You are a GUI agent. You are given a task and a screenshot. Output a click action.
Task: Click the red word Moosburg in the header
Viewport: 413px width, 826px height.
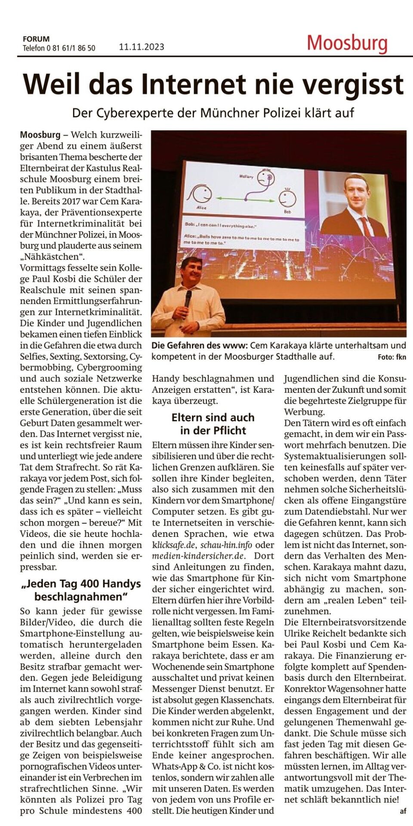coord(347,43)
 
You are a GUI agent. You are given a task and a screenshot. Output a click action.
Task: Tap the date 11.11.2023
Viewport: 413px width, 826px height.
coord(142,47)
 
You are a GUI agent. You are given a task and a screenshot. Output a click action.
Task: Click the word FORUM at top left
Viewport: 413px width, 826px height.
coord(36,39)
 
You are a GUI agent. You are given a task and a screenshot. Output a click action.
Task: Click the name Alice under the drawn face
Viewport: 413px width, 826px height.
coord(201,207)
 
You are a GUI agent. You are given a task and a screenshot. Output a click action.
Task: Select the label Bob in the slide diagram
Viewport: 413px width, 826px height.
coord(287,212)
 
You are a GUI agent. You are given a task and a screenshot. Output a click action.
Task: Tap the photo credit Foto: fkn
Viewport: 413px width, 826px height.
coord(391,357)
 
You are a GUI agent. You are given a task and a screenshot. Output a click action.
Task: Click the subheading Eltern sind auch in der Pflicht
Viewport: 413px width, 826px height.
coord(213,424)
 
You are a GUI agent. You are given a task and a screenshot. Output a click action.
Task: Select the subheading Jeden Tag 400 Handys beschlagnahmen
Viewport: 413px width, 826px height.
coord(81,590)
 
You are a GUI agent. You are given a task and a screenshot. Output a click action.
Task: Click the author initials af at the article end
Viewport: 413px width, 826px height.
coord(402,811)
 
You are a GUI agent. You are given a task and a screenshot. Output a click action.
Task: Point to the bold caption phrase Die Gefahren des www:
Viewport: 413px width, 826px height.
coord(199,345)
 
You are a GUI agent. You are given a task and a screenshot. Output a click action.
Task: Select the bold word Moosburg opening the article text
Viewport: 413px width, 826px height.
coord(40,135)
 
